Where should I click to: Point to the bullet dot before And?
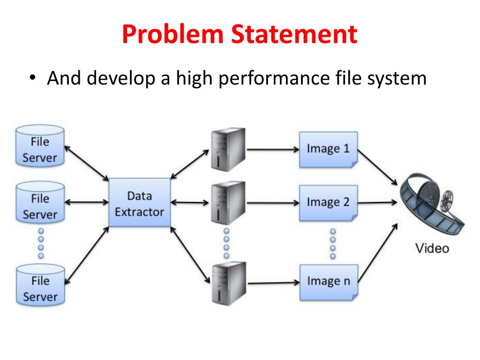32,78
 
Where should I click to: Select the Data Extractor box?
139,202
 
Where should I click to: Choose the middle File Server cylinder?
40,203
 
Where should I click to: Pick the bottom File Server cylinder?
40,285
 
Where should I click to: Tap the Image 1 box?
328,150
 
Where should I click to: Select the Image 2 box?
328,202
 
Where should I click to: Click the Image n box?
328,282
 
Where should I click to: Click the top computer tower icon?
227,149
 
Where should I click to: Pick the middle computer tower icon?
227,202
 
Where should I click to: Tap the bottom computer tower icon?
227,283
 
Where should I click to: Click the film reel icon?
434,204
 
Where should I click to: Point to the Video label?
432,248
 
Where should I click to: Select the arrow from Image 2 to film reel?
378,203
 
